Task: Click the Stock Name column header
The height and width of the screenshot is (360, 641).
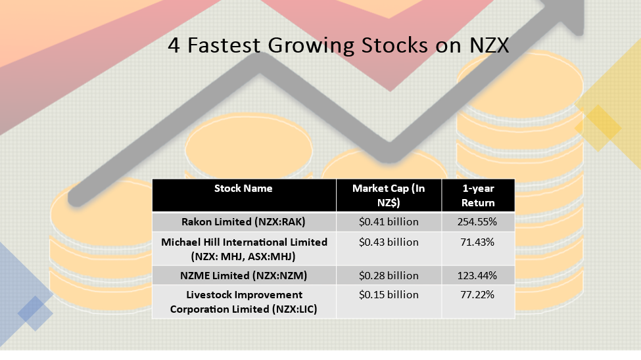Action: pyautogui.click(x=243, y=189)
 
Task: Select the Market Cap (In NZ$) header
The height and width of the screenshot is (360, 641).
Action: pyautogui.click(x=389, y=195)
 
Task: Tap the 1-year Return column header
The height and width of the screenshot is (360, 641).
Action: pyautogui.click(x=478, y=195)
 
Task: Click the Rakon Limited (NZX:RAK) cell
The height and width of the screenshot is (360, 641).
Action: pyautogui.click(x=243, y=222)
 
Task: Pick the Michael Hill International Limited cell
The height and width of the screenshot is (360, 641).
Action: pyautogui.click(x=244, y=249)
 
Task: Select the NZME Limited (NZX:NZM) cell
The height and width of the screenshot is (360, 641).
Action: pyautogui.click(x=243, y=276)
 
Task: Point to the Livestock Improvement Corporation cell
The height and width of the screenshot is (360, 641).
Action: pyautogui.click(x=244, y=302)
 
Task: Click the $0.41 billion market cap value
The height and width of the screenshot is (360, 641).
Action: pyautogui.click(x=389, y=222)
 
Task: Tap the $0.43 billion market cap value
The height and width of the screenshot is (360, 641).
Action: pyautogui.click(x=389, y=242)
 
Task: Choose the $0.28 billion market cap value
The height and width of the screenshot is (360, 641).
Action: pyautogui.click(x=389, y=276)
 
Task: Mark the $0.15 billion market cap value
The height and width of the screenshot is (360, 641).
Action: pyautogui.click(x=389, y=295)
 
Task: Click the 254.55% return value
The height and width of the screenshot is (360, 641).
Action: pyautogui.click(x=477, y=222)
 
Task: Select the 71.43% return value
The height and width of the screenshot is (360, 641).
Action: pyautogui.click(x=477, y=242)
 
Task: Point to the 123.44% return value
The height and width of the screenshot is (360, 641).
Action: pyautogui.click(x=477, y=276)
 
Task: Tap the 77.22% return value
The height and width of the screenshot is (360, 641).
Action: pyautogui.click(x=477, y=295)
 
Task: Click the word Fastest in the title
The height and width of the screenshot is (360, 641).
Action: pyautogui.click(x=224, y=45)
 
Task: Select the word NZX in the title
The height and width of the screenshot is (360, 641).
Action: pyautogui.click(x=489, y=45)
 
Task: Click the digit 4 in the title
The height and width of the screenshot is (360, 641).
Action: pyautogui.click(x=174, y=45)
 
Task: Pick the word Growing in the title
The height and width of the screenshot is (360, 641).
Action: pyautogui.click(x=311, y=47)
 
